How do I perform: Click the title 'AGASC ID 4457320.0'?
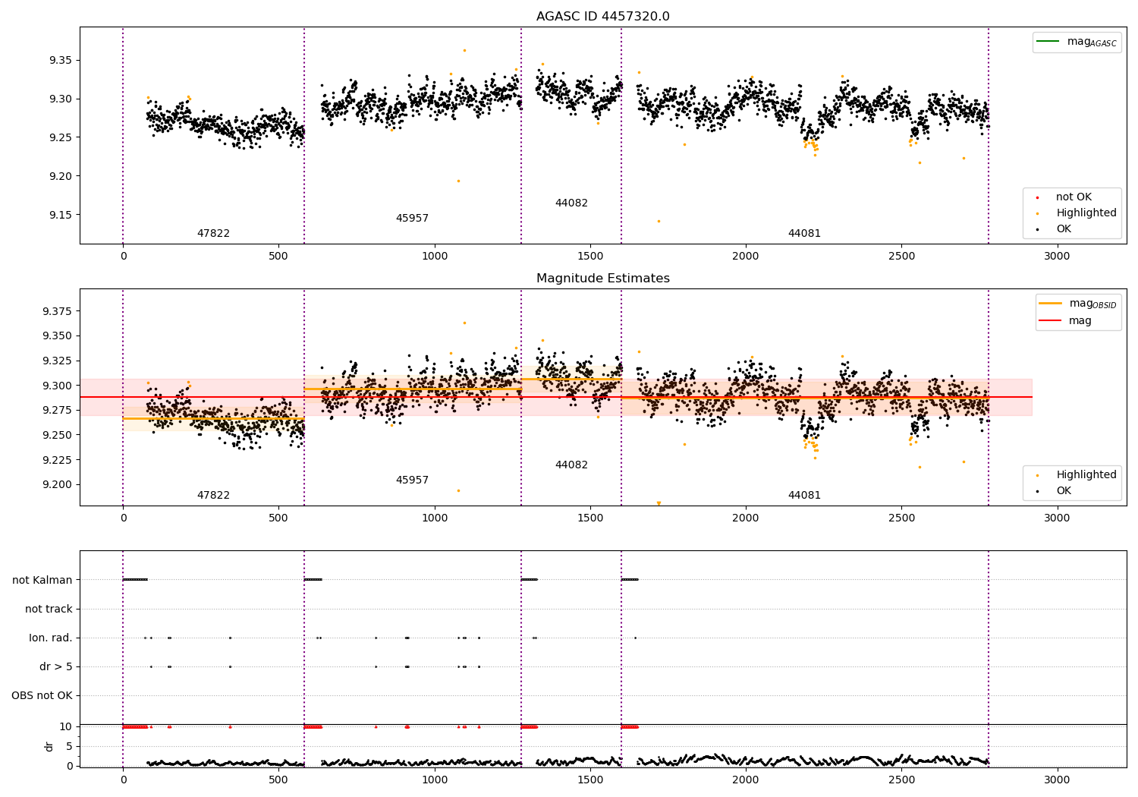[602, 17]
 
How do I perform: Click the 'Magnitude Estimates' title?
[602, 279]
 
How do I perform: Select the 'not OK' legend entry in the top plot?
[1073, 197]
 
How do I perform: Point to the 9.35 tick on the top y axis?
[61, 61]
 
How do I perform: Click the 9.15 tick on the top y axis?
[61, 215]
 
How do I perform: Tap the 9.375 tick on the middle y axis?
[57, 311]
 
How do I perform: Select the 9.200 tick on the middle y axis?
[57, 484]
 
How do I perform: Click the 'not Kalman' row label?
[42, 580]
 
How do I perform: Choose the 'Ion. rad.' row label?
[51, 638]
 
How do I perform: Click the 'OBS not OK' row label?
[42, 695]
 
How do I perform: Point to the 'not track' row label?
[49, 609]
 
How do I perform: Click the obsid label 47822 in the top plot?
[213, 234]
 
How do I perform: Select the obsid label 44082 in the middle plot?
[571, 465]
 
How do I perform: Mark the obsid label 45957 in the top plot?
[412, 219]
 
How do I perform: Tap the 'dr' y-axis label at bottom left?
[49, 746]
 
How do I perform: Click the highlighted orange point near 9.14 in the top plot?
[659, 221]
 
